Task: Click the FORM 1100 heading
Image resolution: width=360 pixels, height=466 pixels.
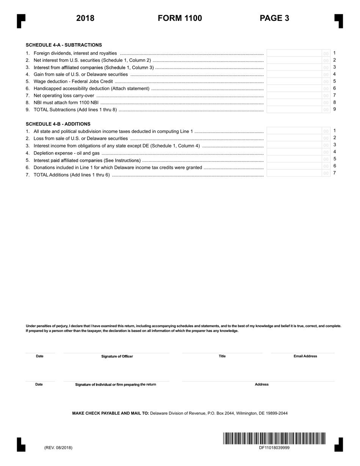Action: coord(180,18)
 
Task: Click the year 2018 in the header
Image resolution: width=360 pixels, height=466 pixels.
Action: coord(85,18)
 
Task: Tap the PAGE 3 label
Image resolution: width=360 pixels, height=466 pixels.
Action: coord(274,18)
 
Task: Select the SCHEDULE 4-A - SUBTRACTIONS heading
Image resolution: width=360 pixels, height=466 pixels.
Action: coord(64,45)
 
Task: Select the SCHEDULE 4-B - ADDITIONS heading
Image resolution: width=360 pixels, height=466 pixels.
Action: coord(58,124)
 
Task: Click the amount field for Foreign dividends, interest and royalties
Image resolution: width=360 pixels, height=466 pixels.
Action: coord(294,53)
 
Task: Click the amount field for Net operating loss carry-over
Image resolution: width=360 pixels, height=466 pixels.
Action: coord(294,95)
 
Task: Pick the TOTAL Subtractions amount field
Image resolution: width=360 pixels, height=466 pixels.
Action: coord(294,109)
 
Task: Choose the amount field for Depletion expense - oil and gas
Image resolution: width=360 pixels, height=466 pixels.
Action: coord(294,152)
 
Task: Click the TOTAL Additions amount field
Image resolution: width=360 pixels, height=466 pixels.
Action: coord(294,174)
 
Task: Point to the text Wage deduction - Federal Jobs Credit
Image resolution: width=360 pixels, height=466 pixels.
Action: coord(73,81)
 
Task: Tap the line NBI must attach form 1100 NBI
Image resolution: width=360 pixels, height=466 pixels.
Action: coord(66,103)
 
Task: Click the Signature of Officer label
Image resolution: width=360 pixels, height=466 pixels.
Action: coord(117,356)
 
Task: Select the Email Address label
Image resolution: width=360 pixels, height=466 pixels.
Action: coord(305,356)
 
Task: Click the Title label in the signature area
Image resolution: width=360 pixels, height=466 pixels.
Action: coord(222,356)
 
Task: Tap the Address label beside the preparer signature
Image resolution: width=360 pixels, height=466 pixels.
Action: coord(261,385)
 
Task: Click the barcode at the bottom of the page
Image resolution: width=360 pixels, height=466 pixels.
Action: coord(274,438)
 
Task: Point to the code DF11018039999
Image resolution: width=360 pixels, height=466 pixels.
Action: coord(274,447)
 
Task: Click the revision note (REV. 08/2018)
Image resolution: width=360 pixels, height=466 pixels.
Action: coord(58,447)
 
